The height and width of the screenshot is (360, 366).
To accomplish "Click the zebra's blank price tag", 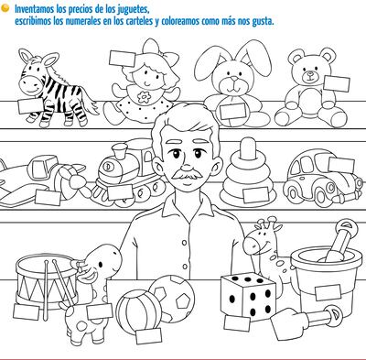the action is pos(30,105).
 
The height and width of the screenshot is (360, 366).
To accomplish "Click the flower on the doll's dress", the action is pos(144,96).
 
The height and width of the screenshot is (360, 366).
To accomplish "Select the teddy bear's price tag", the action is pos(337,83).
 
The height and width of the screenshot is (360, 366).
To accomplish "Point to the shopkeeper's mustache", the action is pos(187,175).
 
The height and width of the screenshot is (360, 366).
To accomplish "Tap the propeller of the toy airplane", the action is pos(74,181).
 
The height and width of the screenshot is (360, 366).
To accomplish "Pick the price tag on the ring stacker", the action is pos(256,195).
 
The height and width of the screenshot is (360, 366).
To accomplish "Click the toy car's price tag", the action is pos(341,165).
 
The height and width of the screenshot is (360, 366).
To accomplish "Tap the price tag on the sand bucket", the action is pos(328,292).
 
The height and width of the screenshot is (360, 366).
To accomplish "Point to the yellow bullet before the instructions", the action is pos(5,8).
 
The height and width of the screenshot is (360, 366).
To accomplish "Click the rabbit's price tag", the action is pos(232,111).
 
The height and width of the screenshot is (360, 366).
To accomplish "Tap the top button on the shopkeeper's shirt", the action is pos(184,243).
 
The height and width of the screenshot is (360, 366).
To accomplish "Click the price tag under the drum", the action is pos(27,312).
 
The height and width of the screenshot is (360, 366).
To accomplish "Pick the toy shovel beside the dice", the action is pos(305,322).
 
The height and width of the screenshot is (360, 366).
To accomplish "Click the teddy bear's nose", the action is pos(310,73).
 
